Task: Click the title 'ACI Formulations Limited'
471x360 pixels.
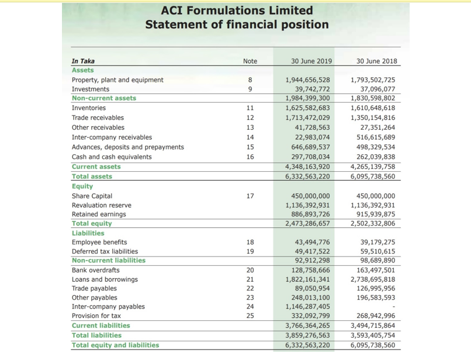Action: click(x=237, y=11)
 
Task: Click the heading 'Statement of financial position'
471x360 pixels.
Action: click(x=237, y=25)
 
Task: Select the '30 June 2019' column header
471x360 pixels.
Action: click(x=311, y=61)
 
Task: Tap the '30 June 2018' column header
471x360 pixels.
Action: click(x=376, y=61)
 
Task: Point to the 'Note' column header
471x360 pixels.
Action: click(x=250, y=61)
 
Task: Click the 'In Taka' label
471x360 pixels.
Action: click(x=83, y=61)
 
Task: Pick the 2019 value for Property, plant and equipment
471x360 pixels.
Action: click(x=307, y=80)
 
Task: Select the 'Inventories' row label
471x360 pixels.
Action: click(x=89, y=108)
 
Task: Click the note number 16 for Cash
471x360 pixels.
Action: click(x=250, y=157)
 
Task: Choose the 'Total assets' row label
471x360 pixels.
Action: click(x=92, y=176)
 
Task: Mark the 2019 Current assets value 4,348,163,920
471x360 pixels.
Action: click(x=307, y=167)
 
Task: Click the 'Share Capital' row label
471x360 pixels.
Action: click(x=92, y=196)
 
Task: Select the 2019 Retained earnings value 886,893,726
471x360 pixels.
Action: click(x=307, y=214)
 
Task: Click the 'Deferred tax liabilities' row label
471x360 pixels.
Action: click(x=106, y=251)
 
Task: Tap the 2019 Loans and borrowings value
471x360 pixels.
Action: click(x=307, y=279)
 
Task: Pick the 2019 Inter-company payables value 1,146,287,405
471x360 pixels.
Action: click(x=307, y=307)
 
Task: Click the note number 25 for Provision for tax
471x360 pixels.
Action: click(x=250, y=316)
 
